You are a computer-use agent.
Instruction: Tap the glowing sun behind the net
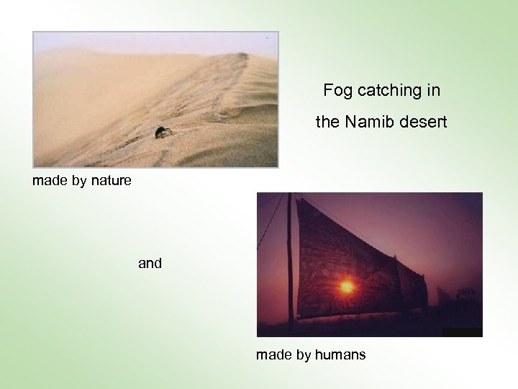coord(346,286)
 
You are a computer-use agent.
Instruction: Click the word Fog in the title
coord(335,91)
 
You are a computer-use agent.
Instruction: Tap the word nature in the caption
coord(112,180)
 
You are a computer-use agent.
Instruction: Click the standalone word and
coord(150,264)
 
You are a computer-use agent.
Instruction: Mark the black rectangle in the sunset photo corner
coord(462,332)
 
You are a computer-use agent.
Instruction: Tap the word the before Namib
coord(327,123)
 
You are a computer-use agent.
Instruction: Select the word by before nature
coord(80,180)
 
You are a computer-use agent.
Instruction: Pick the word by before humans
coord(304,354)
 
